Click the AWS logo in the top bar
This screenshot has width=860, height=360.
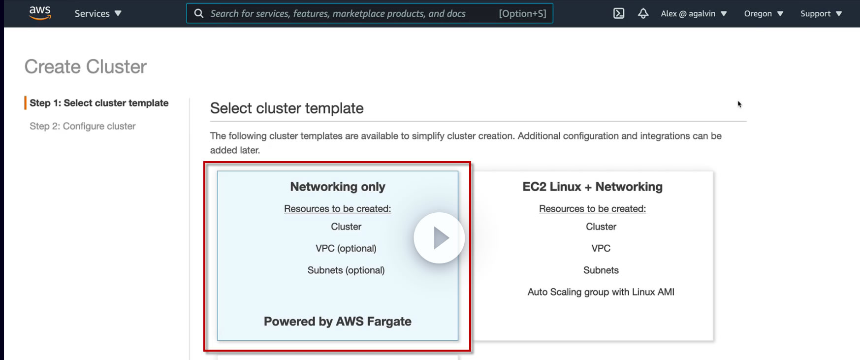(x=40, y=13)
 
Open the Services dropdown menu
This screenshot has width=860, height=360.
(x=98, y=14)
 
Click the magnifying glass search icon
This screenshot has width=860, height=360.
(x=199, y=13)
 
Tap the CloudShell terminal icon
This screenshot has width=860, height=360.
(x=619, y=13)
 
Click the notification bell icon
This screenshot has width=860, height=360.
(x=643, y=13)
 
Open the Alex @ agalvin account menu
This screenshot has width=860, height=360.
(x=694, y=14)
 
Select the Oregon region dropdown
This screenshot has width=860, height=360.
(x=764, y=14)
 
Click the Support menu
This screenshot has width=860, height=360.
(x=821, y=14)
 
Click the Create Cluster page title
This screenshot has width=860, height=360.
(x=86, y=66)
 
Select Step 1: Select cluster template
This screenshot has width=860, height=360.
(x=99, y=103)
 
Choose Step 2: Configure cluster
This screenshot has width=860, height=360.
(x=83, y=126)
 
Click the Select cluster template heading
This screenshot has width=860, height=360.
(x=287, y=108)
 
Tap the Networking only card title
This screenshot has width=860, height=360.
(x=338, y=187)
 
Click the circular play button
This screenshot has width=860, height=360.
(x=439, y=238)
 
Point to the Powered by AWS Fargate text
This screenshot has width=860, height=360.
(x=338, y=322)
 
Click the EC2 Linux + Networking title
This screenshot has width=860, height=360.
(x=593, y=187)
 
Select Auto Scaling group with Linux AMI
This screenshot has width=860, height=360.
(x=601, y=292)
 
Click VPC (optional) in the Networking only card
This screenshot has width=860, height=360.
(x=346, y=249)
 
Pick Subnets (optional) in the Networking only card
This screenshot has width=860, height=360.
(x=346, y=270)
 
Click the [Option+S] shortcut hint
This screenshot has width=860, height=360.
(x=523, y=14)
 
